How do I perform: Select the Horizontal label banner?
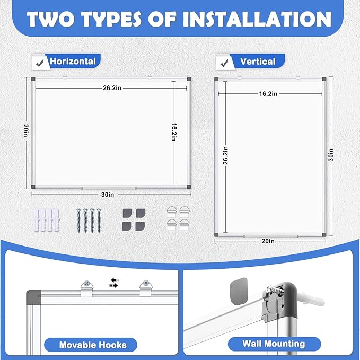pos(73,61)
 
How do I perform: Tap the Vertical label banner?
pos(257,62)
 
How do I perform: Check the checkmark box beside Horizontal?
pos(38,62)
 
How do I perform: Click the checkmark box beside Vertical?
pos(223,63)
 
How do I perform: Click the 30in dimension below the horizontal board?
pos(109,195)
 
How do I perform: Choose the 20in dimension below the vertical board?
pos(268,241)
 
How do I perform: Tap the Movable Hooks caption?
pos(92,345)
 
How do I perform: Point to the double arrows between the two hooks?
pos(113,282)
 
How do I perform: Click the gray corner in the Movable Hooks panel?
pos(33,295)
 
